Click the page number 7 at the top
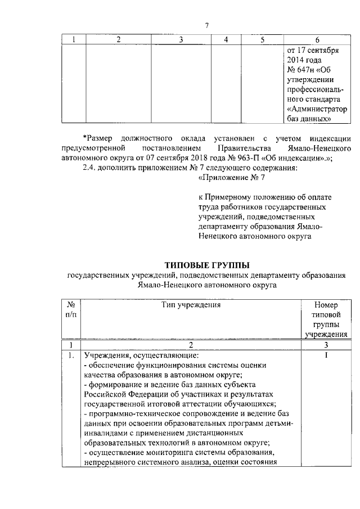207,25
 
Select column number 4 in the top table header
226,39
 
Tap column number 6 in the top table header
317,39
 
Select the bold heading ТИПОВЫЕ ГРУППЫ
206,265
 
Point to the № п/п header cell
71,310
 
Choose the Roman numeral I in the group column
326,355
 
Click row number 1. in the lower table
70,355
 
